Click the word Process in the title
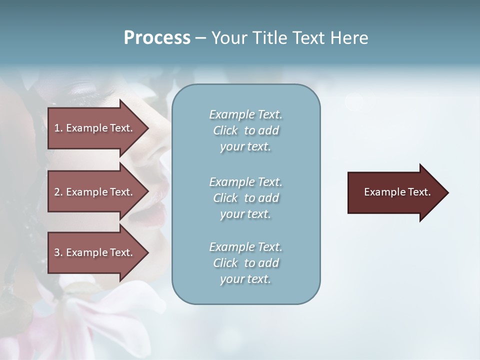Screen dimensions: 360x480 click(157, 38)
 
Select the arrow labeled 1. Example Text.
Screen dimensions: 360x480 click(95, 128)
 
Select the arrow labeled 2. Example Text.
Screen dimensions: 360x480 click(95, 192)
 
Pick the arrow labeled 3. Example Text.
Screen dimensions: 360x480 click(95, 252)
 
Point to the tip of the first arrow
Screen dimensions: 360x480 click(147, 128)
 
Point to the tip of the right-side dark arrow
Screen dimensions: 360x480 click(447, 192)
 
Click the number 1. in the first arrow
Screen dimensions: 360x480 click(58, 128)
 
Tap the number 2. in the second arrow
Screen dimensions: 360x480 click(58, 192)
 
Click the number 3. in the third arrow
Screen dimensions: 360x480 click(58, 252)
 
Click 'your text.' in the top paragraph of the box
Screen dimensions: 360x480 click(245, 147)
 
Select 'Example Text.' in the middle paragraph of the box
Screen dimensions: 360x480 click(245, 182)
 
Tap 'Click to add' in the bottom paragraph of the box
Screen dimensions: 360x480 click(245, 263)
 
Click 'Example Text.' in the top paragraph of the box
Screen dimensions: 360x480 click(245, 115)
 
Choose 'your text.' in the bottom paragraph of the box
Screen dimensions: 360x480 click(245, 279)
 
